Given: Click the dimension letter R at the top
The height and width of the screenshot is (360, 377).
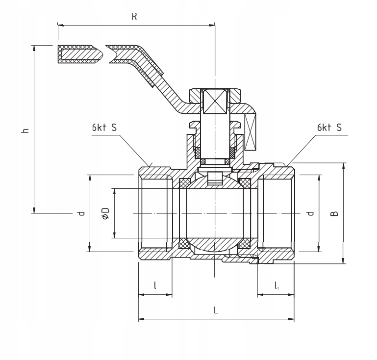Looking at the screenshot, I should click(134, 16).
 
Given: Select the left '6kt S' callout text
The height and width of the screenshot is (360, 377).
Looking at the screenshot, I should click(104, 128).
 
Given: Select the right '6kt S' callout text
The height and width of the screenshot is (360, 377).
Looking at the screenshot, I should click(329, 128).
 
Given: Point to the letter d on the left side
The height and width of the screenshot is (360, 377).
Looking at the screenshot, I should click(81, 213).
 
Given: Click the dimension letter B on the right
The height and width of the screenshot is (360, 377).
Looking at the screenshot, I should click(334, 213).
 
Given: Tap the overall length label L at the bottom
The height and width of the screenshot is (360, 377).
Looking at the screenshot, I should click(216, 310).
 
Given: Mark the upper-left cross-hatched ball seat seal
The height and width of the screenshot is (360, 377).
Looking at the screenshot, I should click(185, 183).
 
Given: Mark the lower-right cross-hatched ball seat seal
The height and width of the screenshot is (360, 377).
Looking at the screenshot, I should click(245, 244).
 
